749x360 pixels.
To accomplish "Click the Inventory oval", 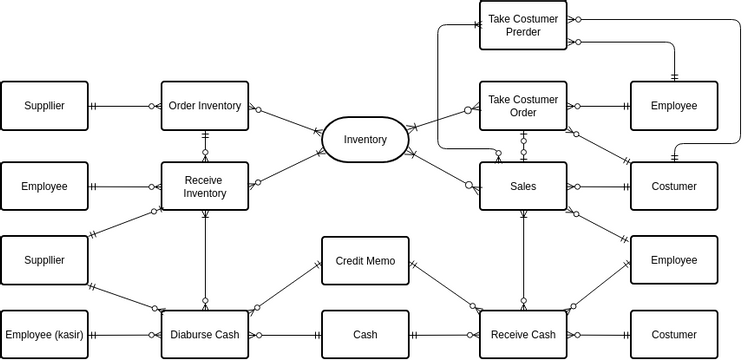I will click(x=364, y=139).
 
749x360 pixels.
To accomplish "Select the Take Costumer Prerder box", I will click(x=523, y=25).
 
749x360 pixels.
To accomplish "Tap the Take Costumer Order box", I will click(x=523, y=106).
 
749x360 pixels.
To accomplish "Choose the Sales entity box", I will click(x=523, y=186).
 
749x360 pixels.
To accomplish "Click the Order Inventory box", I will click(x=204, y=106).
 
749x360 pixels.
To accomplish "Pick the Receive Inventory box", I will click(x=204, y=186).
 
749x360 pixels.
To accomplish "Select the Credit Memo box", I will click(x=365, y=261).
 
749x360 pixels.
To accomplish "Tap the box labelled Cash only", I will click(x=365, y=334).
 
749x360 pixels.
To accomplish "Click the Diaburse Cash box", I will click(x=204, y=334).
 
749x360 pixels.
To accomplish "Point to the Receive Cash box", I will click(x=523, y=334).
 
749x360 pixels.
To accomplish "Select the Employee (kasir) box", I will click(x=44, y=334).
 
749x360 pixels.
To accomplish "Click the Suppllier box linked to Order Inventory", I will click(x=44, y=106).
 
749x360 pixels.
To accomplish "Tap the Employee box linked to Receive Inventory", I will click(x=44, y=186).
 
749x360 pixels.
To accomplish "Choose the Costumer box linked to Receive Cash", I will click(x=673, y=334).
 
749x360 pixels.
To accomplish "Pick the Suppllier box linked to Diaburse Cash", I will click(x=44, y=260).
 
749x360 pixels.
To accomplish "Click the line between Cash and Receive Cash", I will click(x=444, y=335).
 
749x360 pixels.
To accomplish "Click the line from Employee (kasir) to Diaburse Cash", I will click(x=125, y=335).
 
